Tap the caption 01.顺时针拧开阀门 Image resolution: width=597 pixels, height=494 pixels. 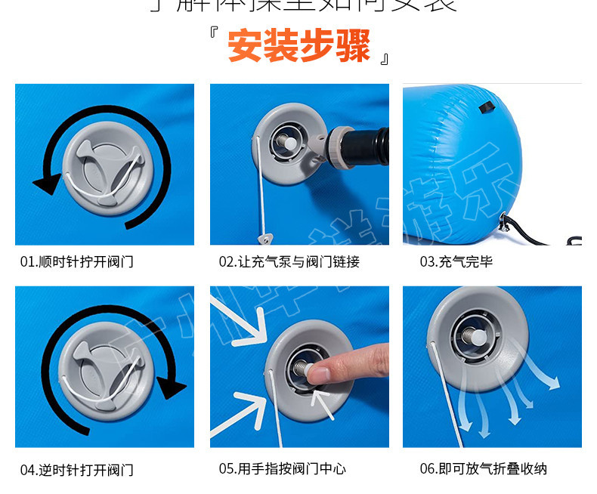pos(77,262)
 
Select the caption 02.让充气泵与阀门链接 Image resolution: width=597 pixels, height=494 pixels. pos(289,262)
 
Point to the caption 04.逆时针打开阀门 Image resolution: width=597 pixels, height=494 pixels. pos(77,469)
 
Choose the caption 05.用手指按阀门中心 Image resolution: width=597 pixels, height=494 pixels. pos(283,469)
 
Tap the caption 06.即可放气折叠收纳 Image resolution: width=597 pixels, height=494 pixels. pos(483,469)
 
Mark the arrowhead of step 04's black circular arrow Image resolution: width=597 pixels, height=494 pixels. pos(174,387)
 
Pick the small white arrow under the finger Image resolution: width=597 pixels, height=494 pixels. pos(325,404)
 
